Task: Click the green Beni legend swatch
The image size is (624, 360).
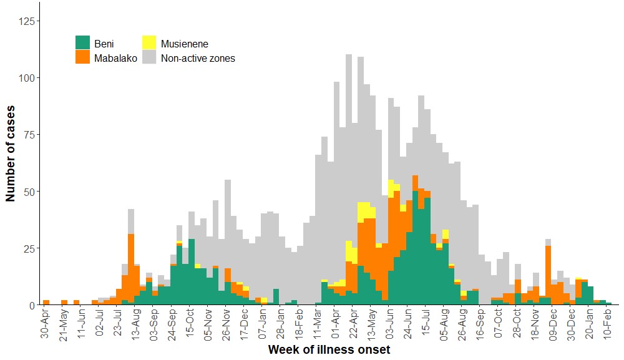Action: (82, 42)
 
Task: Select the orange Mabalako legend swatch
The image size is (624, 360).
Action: (82, 57)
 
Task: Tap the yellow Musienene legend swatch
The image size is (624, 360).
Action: (149, 42)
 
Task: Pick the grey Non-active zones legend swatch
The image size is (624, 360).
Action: (149, 57)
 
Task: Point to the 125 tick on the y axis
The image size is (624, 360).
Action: (27, 21)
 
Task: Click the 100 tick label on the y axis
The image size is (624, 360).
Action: (27, 78)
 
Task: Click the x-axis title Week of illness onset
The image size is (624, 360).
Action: (329, 350)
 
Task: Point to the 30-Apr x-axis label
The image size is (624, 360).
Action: (46, 323)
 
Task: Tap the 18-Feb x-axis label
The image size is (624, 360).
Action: (300, 323)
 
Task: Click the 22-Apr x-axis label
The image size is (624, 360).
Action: (354, 323)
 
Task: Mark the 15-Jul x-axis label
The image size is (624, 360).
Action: (427, 323)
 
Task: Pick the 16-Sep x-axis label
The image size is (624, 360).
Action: (482, 323)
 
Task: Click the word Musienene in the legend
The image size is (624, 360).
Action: (184, 44)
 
